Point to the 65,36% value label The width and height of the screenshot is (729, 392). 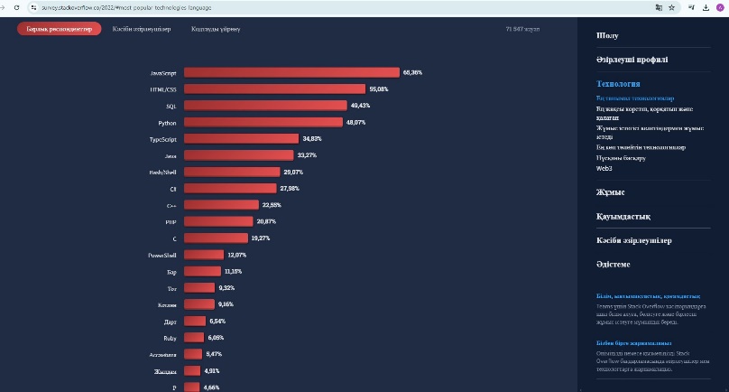point(413,72)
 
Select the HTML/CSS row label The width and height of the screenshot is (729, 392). point(163,89)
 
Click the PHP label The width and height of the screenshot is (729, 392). point(171,221)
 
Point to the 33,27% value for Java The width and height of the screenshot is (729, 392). point(308,155)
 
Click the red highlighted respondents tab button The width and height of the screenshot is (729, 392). point(59,29)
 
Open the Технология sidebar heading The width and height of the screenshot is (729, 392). point(618,83)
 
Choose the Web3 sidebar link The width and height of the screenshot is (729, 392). point(604,168)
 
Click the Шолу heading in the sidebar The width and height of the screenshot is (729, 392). point(607,35)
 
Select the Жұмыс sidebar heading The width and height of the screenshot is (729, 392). point(610,192)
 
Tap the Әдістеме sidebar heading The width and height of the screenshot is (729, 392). point(614,264)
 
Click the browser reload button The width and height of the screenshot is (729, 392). point(16,6)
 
